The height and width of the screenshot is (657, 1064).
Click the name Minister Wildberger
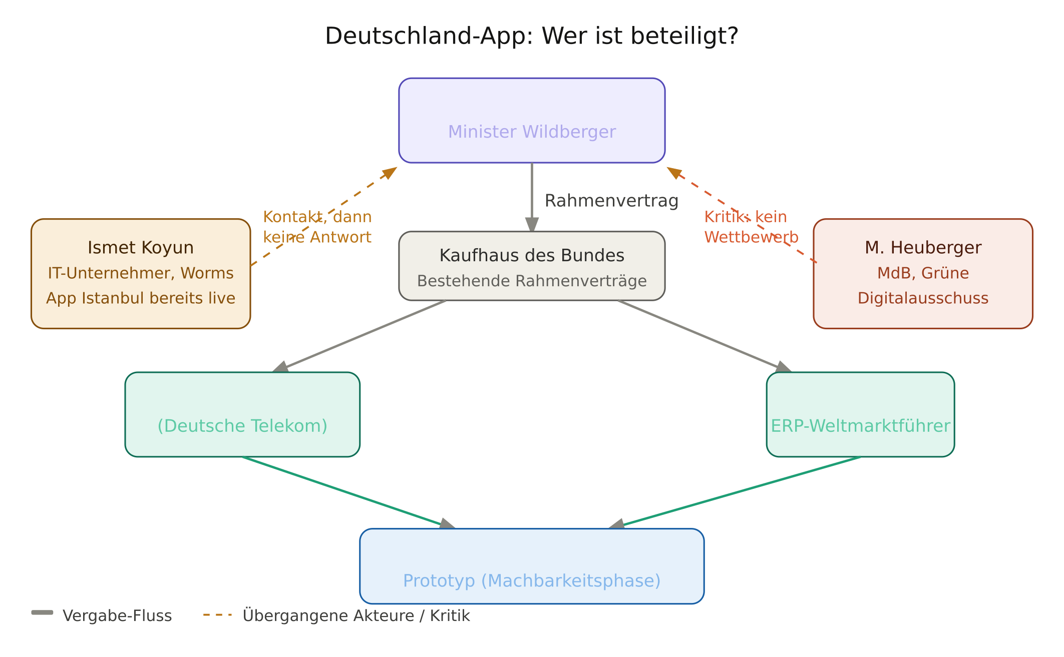point(532,132)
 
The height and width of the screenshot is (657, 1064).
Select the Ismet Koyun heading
point(141,248)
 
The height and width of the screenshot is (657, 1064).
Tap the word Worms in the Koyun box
point(207,273)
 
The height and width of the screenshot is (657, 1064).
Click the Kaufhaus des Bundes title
point(532,256)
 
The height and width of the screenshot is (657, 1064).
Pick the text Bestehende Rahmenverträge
point(532,281)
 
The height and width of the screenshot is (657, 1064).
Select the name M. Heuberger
point(923,248)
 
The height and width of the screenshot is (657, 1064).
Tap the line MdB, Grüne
point(923,273)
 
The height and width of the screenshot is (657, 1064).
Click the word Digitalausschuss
point(923,298)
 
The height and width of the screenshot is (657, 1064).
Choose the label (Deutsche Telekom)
point(242,426)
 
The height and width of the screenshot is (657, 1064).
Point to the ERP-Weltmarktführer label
point(860,426)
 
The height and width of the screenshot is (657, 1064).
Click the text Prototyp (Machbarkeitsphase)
point(532,581)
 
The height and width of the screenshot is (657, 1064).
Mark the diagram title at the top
point(532,38)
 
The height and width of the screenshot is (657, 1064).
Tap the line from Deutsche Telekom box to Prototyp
point(340,491)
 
